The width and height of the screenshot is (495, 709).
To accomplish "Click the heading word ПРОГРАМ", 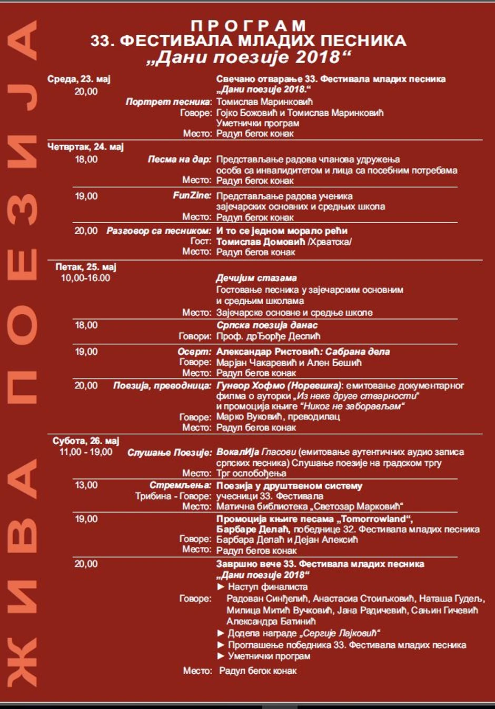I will click(248, 25).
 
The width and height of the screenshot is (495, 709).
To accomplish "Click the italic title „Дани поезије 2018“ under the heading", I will click(249, 57).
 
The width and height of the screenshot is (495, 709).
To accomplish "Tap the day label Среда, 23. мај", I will click(79, 79).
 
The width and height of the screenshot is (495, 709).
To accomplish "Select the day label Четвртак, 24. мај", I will click(85, 147).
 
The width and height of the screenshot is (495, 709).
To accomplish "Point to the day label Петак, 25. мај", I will click(86, 267).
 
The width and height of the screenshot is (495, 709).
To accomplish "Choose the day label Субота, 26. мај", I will click(86, 441).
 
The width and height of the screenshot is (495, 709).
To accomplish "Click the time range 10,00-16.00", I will click(85, 278).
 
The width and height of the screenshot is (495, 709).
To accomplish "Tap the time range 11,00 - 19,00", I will click(86, 452).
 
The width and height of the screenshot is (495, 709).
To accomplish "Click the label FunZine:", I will click(192, 196).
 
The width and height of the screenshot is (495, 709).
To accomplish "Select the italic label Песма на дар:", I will click(180, 159).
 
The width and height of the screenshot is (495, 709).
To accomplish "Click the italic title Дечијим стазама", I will click(256, 278).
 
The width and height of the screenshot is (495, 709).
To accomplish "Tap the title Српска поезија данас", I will click(267, 325).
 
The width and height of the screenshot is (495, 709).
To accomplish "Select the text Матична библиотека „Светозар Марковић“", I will click(310, 507).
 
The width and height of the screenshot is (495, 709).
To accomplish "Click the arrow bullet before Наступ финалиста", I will click(221, 587).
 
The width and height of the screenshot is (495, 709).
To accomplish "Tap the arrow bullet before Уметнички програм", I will click(221, 656).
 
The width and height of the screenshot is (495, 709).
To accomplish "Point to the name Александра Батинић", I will click(271, 622).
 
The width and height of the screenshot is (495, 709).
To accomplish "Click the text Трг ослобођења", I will click(252, 474).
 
